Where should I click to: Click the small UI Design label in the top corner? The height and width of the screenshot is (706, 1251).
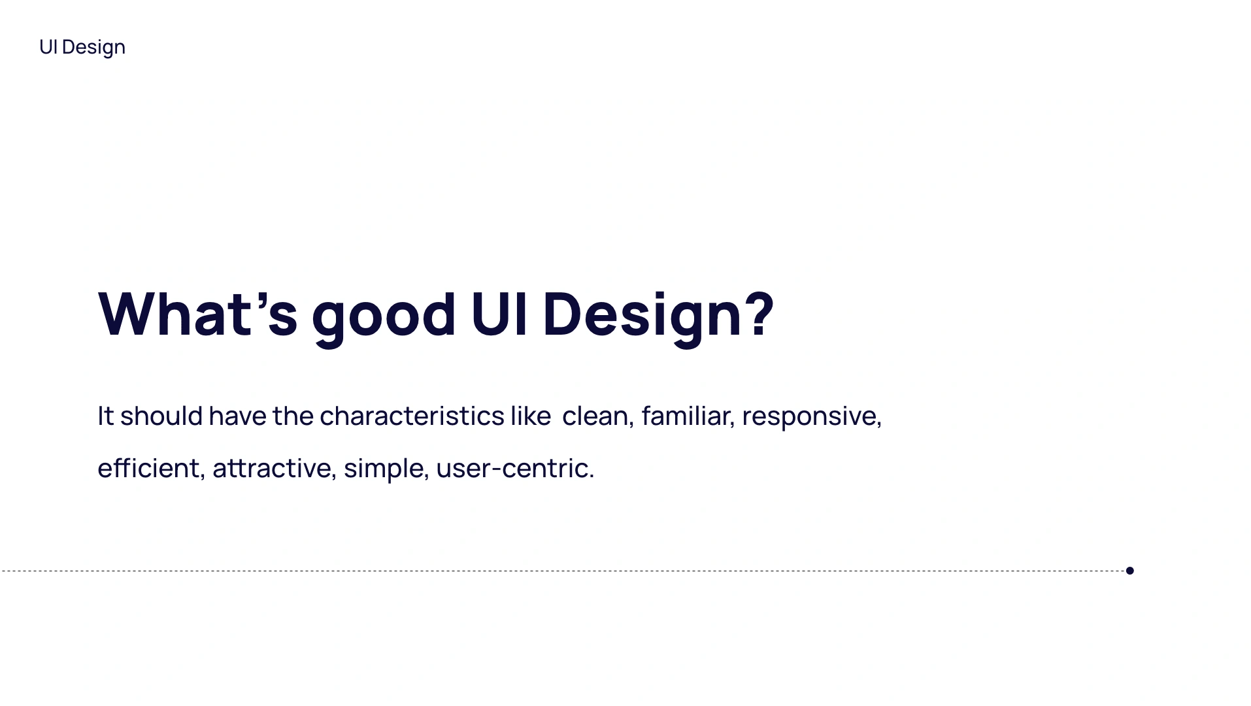click(82, 48)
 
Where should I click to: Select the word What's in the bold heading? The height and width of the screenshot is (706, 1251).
click(198, 314)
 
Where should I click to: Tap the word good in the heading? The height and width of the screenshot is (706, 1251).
click(384, 319)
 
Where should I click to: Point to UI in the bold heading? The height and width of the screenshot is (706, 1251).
click(499, 314)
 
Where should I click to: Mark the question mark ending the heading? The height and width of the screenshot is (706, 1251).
click(760, 314)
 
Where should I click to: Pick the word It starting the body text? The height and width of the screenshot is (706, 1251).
click(106, 416)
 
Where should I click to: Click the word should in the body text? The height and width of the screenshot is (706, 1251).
click(161, 416)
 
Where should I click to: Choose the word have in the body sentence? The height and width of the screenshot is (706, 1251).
click(237, 416)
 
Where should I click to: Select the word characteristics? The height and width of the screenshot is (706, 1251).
click(412, 416)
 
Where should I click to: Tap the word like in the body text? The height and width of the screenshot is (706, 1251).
click(531, 416)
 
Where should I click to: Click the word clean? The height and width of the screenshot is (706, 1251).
click(595, 416)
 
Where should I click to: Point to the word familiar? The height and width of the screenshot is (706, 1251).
click(686, 416)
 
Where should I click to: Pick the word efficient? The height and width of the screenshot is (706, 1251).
click(148, 469)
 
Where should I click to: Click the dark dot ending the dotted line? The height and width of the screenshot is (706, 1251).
click(1129, 571)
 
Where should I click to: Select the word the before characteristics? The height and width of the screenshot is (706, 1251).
click(293, 416)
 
